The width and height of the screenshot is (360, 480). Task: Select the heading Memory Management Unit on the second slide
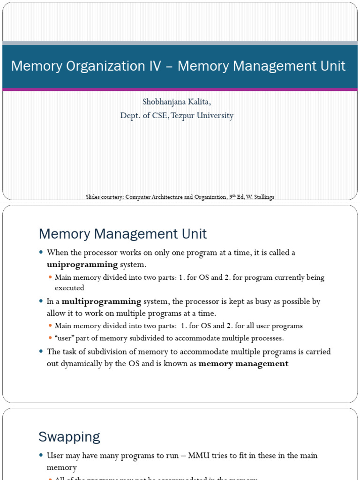click(122, 233)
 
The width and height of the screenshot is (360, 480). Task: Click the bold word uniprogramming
click(82, 265)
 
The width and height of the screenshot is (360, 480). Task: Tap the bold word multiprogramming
click(101, 301)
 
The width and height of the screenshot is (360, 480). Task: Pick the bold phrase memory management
click(244, 364)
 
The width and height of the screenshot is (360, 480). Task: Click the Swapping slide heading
click(69, 437)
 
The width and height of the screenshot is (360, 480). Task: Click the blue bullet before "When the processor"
click(41, 253)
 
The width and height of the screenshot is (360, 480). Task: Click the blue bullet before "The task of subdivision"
click(41, 352)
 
